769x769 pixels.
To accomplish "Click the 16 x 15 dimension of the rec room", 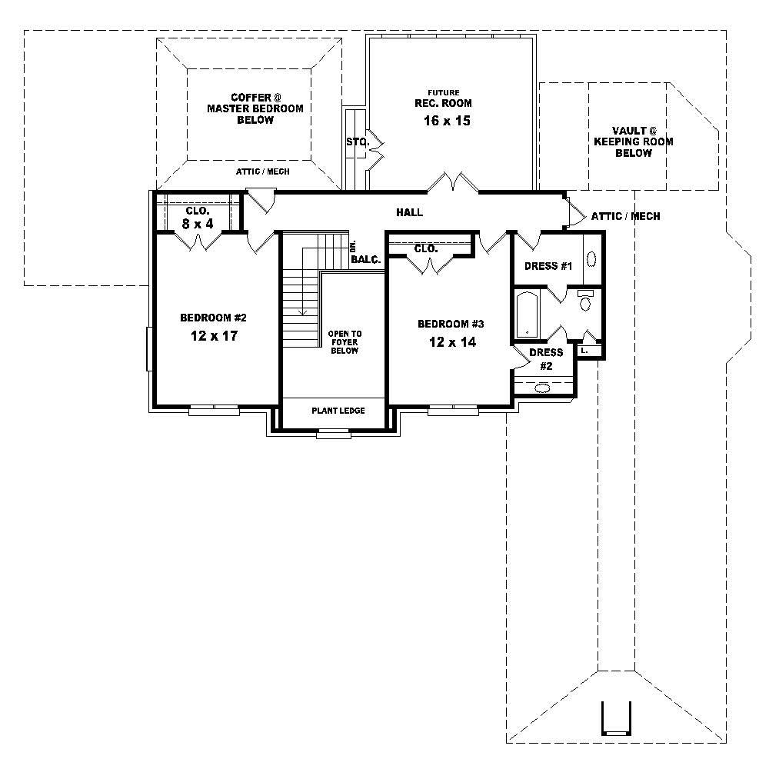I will tap(446, 121).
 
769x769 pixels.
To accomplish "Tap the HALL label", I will tap(409, 212).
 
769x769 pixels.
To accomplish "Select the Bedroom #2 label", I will tap(213, 318).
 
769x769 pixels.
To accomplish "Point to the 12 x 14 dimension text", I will tap(452, 342).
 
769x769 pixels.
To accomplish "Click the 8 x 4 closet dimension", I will tap(198, 223).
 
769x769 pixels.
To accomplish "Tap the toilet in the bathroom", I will tap(585, 303).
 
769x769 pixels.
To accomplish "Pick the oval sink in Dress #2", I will tap(544, 388).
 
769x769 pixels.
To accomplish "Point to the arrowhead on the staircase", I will tap(304, 312).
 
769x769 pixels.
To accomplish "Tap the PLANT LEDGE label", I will tap(338, 411).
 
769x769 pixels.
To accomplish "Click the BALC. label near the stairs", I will tap(366, 260).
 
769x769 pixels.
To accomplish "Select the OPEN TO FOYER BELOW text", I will tap(345, 342).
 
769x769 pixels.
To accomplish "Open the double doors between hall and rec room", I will tap(454, 184).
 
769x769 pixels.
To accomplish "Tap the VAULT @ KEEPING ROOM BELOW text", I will tap(634, 142).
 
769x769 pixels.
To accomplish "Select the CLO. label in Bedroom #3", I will tap(426, 249).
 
